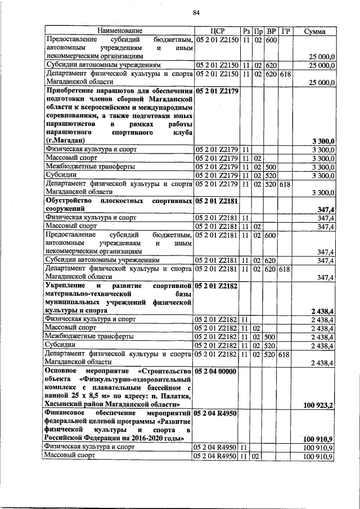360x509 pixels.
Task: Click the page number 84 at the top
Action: pos(196,13)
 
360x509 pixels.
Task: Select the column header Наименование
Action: pos(119,30)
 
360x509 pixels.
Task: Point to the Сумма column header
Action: pos(314,30)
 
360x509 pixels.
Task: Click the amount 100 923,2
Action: pos(318,405)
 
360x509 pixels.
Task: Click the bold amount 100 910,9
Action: pos(318,439)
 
